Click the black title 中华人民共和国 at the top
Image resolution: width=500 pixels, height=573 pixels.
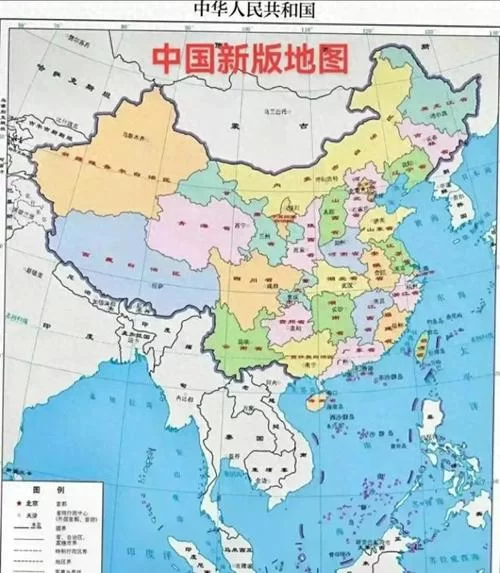tap(250, 11)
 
